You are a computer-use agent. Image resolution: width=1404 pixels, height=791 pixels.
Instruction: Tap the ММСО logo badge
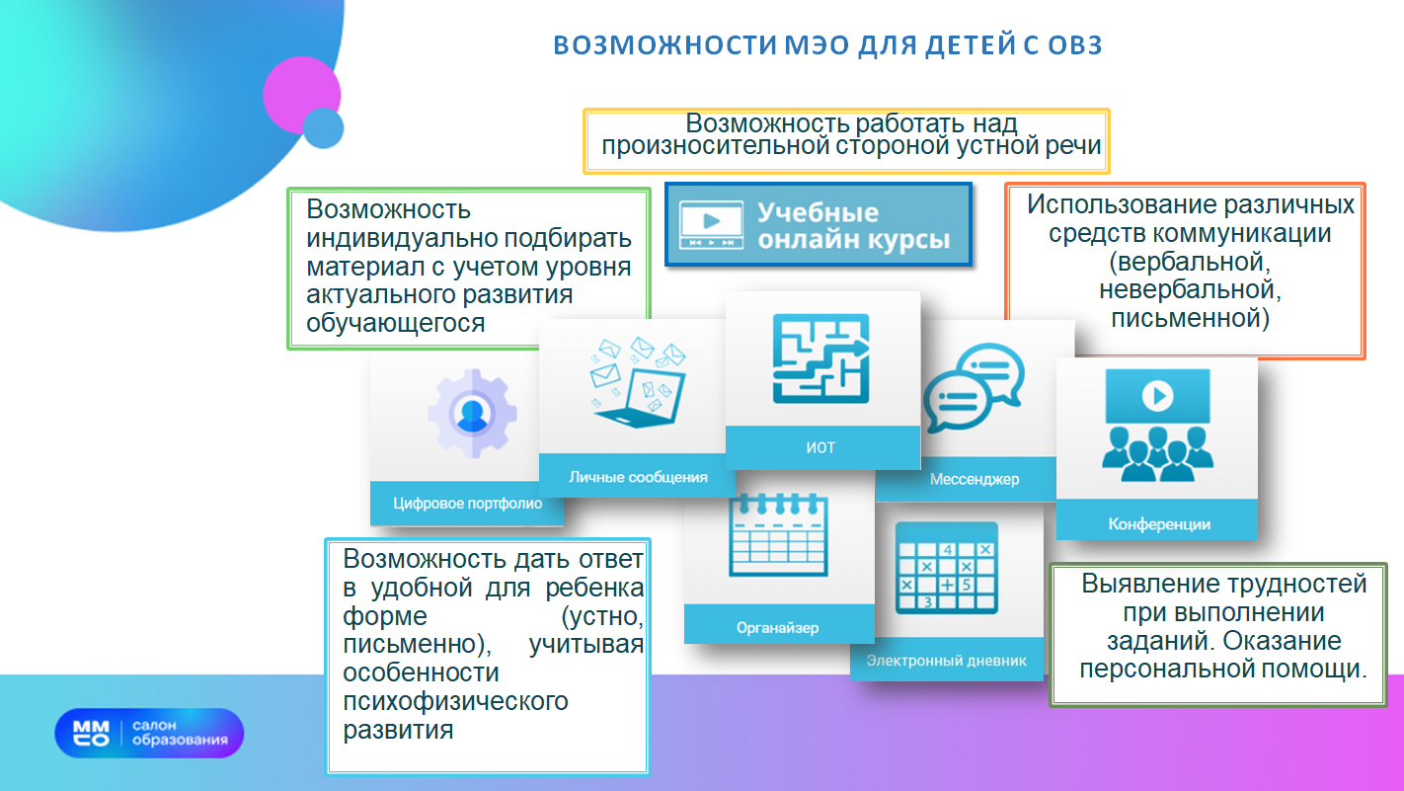tap(149, 733)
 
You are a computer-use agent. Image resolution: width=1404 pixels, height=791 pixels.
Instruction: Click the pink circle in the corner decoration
tap(301, 95)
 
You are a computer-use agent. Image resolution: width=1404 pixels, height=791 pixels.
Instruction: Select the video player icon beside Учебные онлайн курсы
tap(712, 225)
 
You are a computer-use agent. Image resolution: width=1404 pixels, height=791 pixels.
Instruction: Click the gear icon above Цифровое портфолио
tap(472, 413)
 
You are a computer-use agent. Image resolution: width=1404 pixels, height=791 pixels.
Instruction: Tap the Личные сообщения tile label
tap(638, 477)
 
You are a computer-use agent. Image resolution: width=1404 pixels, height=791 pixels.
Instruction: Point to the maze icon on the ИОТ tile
tap(821, 358)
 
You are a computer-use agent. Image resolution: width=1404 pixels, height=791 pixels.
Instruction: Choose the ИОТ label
tap(820, 447)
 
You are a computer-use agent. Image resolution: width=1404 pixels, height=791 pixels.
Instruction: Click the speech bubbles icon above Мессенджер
tap(975, 387)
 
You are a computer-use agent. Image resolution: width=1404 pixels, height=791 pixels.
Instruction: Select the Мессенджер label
tap(975, 480)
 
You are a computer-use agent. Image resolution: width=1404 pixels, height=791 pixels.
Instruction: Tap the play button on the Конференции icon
tap(1158, 395)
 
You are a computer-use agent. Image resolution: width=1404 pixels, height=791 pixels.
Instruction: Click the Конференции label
tap(1159, 524)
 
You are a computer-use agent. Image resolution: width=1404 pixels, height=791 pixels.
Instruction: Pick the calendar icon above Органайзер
tap(778, 534)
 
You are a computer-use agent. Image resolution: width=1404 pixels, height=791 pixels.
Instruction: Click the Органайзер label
tap(777, 627)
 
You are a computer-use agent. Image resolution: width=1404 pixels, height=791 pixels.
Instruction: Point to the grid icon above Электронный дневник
tap(947, 568)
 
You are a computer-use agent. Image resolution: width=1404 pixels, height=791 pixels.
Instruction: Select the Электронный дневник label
tap(947, 660)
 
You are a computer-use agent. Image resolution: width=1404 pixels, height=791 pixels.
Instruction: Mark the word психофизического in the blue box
tap(456, 701)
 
